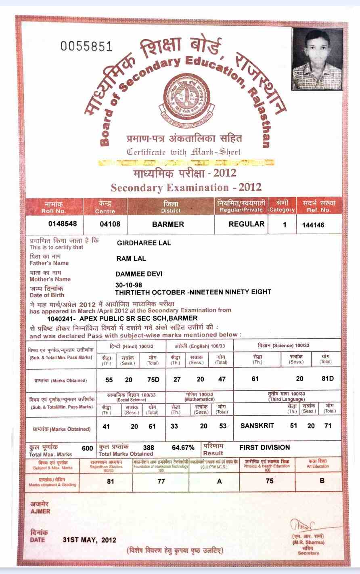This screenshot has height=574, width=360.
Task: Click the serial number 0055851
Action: click(x=86, y=46)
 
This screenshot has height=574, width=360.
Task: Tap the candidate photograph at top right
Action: click(x=317, y=59)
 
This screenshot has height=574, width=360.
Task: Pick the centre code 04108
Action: click(x=110, y=224)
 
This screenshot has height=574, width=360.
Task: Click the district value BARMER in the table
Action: click(x=168, y=224)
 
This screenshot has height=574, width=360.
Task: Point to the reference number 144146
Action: click(x=313, y=225)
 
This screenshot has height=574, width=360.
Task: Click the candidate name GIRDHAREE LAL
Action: click(x=144, y=243)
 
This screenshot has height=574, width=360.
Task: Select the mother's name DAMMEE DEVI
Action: click(x=139, y=274)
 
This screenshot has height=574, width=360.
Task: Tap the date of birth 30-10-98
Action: click(x=128, y=285)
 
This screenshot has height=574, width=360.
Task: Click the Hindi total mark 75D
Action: click(x=154, y=379)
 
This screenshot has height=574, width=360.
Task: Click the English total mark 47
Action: click(x=222, y=379)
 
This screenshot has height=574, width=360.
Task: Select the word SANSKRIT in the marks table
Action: click(x=257, y=426)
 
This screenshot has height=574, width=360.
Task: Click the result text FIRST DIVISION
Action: click(x=264, y=447)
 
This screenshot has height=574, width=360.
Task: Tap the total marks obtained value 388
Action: click(x=149, y=448)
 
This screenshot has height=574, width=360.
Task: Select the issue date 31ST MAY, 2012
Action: click(x=89, y=540)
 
